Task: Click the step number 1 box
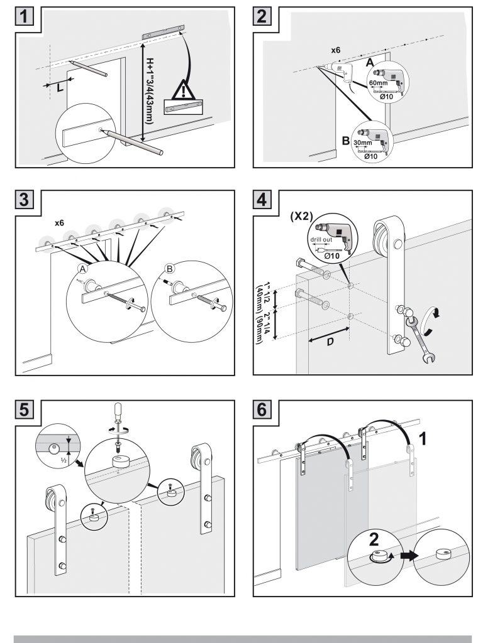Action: coord(25,16)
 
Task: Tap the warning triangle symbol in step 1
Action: coord(183,90)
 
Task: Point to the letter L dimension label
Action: coord(60,87)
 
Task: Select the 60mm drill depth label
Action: coord(378,83)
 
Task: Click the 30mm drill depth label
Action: coord(362,143)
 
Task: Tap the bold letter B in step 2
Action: coord(346,141)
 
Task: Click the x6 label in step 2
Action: coord(335,50)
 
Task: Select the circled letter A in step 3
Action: coord(83,269)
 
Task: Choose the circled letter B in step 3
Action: coord(170,269)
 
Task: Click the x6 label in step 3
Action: coord(60,223)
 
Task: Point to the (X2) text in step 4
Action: coord(301,216)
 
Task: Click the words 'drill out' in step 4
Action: coord(321,239)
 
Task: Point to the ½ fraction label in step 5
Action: coord(64,460)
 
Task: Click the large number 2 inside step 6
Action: coord(374,539)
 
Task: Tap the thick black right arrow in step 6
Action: coord(409,556)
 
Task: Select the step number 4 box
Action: coord(262,200)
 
